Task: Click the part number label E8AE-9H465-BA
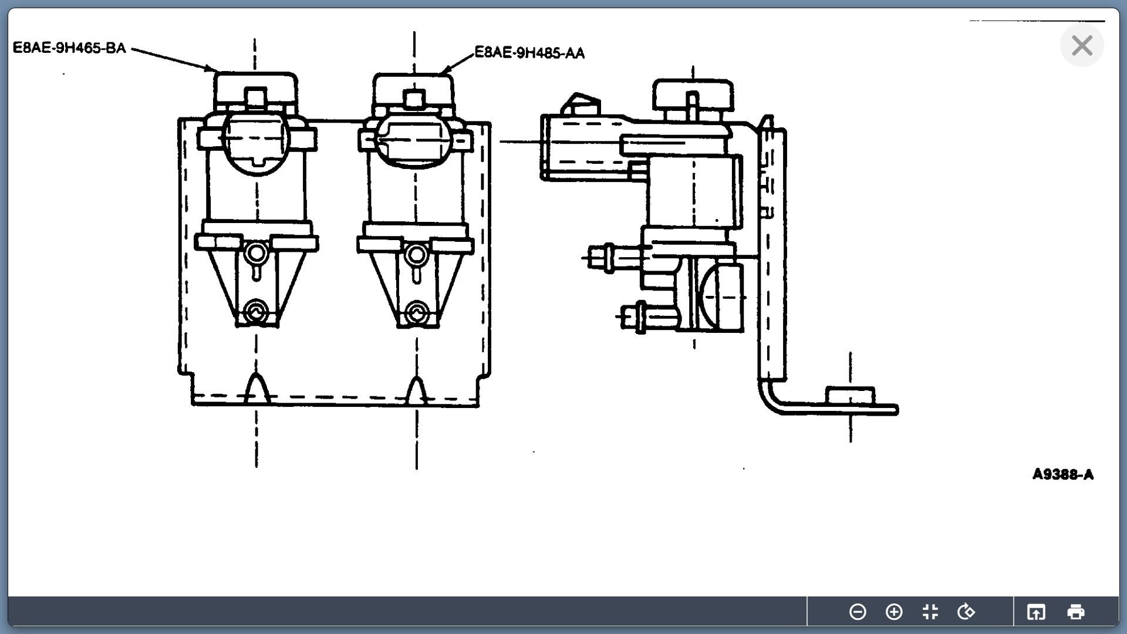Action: click(x=69, y=48)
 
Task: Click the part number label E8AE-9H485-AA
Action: click(x=529, y=53)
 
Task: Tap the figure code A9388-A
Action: click(x=1062, y=474)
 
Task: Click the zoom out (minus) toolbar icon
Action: click(x=858, y=612)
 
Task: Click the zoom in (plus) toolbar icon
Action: click(x=894, y=612)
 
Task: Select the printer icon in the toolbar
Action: click(x=1075, y=612)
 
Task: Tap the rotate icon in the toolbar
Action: click(x=966, y=612)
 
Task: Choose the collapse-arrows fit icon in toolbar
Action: click(x=930, y=612)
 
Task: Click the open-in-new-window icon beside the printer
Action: click(x=1036, y=612)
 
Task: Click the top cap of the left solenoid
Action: click(x=255, y=88)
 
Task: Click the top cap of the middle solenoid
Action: click(x=414, y=88)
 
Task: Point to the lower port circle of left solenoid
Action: click(x=256, y=311)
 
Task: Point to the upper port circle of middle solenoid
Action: click(x=416, y=255)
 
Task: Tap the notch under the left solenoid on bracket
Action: click(x=256, y=387)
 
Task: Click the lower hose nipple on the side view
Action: click(x=637, y=316)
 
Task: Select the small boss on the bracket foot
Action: click(x=849, y=395)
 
